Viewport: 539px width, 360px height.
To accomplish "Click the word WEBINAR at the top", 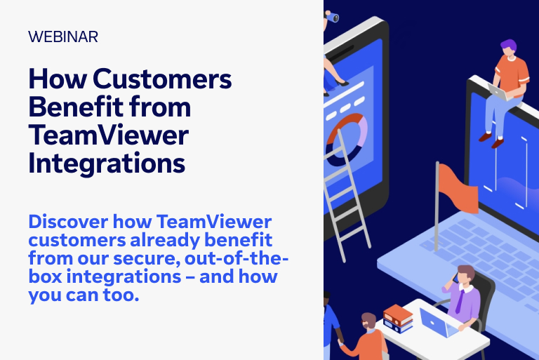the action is click(x=63, y=36).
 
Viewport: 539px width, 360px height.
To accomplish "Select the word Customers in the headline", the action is click(x=162, y=79).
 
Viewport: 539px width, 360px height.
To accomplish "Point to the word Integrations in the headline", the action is click(x=107, y=163).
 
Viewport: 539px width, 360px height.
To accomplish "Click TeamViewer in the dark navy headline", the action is click(x=109, y=135).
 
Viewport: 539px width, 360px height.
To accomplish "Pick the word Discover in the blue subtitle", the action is click(x=68, y=222).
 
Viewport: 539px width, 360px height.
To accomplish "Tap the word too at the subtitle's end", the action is click(x=121, y=295).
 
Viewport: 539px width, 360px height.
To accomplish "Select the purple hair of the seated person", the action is click(x=509, y=45).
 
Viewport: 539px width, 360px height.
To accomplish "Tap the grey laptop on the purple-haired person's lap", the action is click(x=499, y=92).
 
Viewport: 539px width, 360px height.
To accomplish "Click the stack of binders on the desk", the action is click(x=398, y=319).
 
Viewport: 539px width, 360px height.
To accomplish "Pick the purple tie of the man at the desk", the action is click(x=459, y=302).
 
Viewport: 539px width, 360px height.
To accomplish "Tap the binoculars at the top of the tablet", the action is click(x=332, y=17).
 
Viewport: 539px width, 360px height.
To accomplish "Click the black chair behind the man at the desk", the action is click(x=481, y=299).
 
